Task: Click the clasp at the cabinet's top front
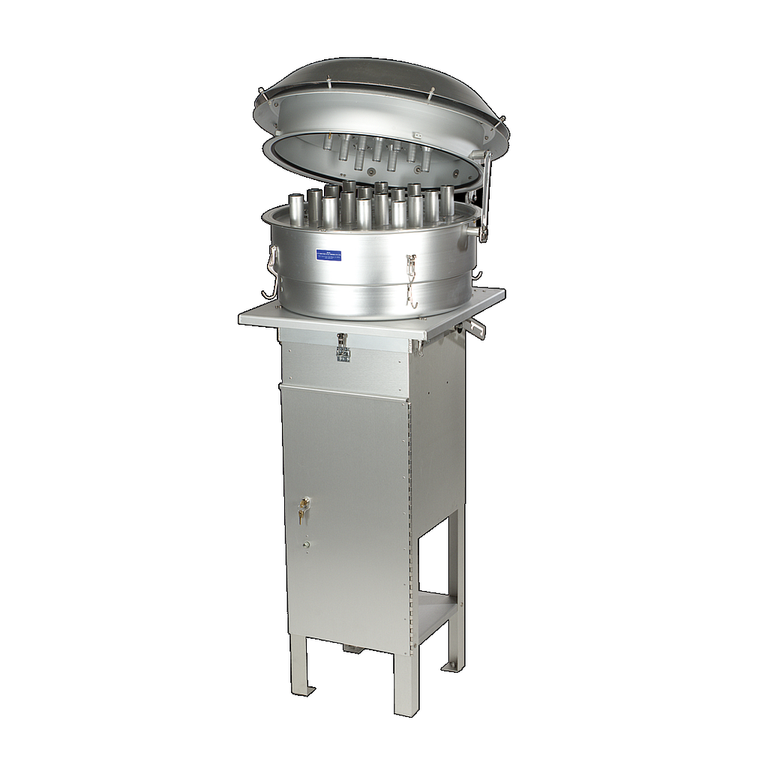(342, 346)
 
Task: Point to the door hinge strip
(409, 517)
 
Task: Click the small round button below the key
(305, 544)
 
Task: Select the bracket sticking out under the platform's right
(476, 328)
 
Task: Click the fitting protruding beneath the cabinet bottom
(351, 646)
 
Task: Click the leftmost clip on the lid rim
(261, 93)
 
